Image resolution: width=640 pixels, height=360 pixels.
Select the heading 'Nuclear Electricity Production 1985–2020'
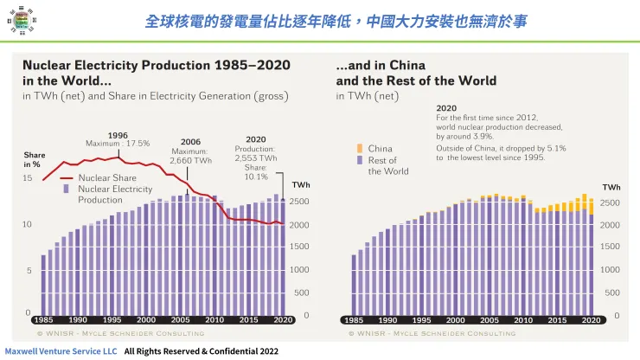[x=156, y=65]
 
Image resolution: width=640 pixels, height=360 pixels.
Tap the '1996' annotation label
[x=118, y=134]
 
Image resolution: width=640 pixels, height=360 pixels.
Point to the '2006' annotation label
[x=190, y=142]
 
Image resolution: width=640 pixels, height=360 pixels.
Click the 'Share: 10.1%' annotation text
[x=256, y=172]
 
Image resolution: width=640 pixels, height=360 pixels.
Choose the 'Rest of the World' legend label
[x=387, y=166]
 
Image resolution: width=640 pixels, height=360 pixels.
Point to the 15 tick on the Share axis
[x=27, y=178]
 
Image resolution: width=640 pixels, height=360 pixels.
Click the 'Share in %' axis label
[x=34, y=159]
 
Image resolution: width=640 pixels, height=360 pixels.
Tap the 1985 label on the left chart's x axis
[x=42, y=320]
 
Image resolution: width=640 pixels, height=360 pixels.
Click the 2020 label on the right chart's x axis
[x=592, y=320]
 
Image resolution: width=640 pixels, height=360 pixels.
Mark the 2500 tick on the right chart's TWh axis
[x=610, y=202]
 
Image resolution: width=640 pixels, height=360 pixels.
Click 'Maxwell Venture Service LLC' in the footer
[x=60, y=352]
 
